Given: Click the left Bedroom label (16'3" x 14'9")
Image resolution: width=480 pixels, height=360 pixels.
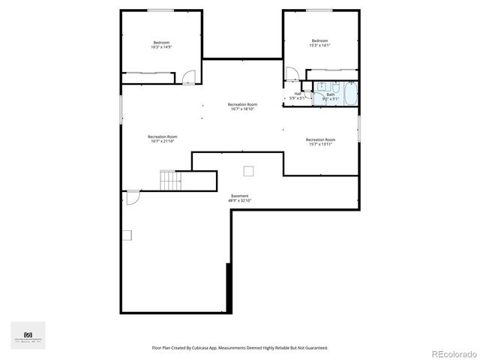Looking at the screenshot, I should (x=161, y=44).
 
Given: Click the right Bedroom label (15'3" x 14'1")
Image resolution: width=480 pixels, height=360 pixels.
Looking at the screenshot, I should (x=319, y=43).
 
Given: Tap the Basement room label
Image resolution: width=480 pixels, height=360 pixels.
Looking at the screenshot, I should (x=239, y=198).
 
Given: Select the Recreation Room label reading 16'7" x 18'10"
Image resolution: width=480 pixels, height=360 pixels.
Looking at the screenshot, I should (x=242, y=106).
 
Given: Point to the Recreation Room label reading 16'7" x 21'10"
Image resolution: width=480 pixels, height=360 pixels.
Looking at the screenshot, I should (x=163, y=139).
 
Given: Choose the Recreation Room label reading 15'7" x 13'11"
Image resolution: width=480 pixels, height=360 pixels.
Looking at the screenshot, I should (x=320, y=142).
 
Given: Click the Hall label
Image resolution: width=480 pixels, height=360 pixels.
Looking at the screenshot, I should (x=298, y=95).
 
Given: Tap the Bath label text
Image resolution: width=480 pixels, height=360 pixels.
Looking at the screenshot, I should (x=330, y=96).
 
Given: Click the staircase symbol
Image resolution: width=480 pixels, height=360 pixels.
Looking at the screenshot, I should (x=170, y=181).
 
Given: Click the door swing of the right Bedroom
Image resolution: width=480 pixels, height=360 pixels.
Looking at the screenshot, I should (x=292, y=73).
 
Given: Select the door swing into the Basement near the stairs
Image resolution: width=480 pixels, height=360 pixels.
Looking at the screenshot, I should (x=132, y=197).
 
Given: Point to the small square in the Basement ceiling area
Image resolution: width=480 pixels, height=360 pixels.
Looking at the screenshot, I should (x=248, y=170).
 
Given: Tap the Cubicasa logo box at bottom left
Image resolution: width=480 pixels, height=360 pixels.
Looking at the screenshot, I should (x=28, y=335).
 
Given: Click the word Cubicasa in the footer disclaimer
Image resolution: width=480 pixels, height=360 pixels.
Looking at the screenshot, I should (x=218, y=348).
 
